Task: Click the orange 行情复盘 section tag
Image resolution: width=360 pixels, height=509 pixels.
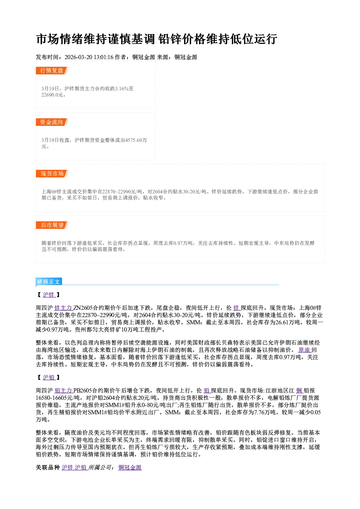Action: click(52, 71)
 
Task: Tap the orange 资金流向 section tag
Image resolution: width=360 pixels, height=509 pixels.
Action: click(52, 122)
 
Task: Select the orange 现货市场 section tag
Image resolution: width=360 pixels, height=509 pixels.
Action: click(52, 174)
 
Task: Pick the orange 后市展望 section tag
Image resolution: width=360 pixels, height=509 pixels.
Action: click(52, 225)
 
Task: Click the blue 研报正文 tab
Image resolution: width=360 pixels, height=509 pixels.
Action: click(49, 282)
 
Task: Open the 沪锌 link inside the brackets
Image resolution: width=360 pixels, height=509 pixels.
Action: click(49, 295)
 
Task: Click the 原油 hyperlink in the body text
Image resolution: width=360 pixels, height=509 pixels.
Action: click(304, 350)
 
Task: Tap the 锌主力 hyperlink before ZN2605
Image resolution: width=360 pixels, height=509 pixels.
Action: click(64, 308)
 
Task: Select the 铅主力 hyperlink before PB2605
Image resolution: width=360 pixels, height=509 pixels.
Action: click(64, 391)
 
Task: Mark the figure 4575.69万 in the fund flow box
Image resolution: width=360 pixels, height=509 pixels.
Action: click(136, 140)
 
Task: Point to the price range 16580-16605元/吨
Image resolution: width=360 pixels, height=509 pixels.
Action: click(58, 398)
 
